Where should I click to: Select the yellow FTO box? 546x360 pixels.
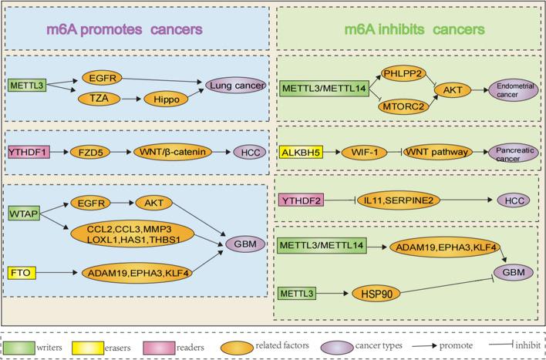(20, 272)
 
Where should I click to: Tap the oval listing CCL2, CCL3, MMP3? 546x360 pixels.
(145, 235)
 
